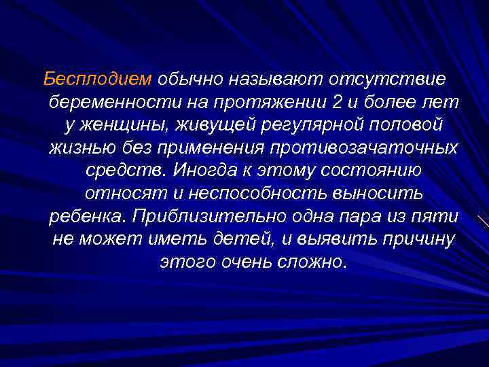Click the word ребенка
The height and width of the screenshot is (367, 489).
pyautogui.click(x=87, y=216)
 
